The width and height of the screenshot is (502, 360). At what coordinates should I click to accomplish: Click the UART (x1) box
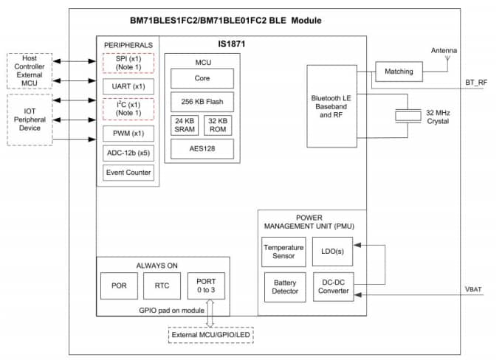(x=128, y=86)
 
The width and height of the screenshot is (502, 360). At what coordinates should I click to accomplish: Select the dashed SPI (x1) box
(x=128, y=63)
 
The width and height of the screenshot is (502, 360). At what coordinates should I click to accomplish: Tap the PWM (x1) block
(x=128, y=134)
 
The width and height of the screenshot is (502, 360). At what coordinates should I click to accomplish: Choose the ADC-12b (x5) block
(x=128, y=153)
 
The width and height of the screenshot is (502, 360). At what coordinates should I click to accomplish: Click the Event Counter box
(x=128, y=173)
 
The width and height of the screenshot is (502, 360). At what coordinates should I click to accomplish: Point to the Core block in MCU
(x=202, y=78)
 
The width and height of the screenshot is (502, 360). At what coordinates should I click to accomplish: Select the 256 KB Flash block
(x=202, y=101)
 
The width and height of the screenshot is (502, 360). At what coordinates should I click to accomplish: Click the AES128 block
(x=202, y=148)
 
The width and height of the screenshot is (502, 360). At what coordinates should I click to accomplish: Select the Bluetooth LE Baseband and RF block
(x=336, y=105)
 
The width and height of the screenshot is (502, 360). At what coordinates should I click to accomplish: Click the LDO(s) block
(x=332, y=252)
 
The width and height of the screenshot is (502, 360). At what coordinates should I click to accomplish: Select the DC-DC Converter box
(x=332, y=286)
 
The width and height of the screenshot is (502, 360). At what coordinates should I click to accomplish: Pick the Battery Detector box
(x=283, y=286)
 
